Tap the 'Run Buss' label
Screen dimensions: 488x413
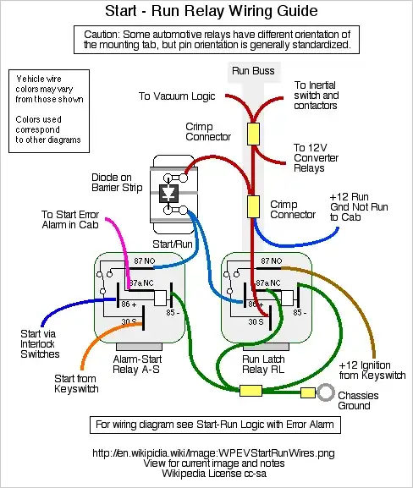pos(252,73)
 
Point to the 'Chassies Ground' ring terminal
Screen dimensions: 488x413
pos(324,392)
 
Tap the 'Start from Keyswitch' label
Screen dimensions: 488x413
pos(76,383)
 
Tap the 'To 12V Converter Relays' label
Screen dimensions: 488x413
pos(316,156)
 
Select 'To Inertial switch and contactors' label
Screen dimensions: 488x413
pos(317,96)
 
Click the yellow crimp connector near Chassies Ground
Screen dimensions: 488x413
pos(251,391)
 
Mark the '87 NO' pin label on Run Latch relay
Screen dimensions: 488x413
pos(272,262)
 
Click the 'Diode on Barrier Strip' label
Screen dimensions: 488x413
pos(118,184)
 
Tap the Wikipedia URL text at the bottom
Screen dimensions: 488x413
pos(206,452)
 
